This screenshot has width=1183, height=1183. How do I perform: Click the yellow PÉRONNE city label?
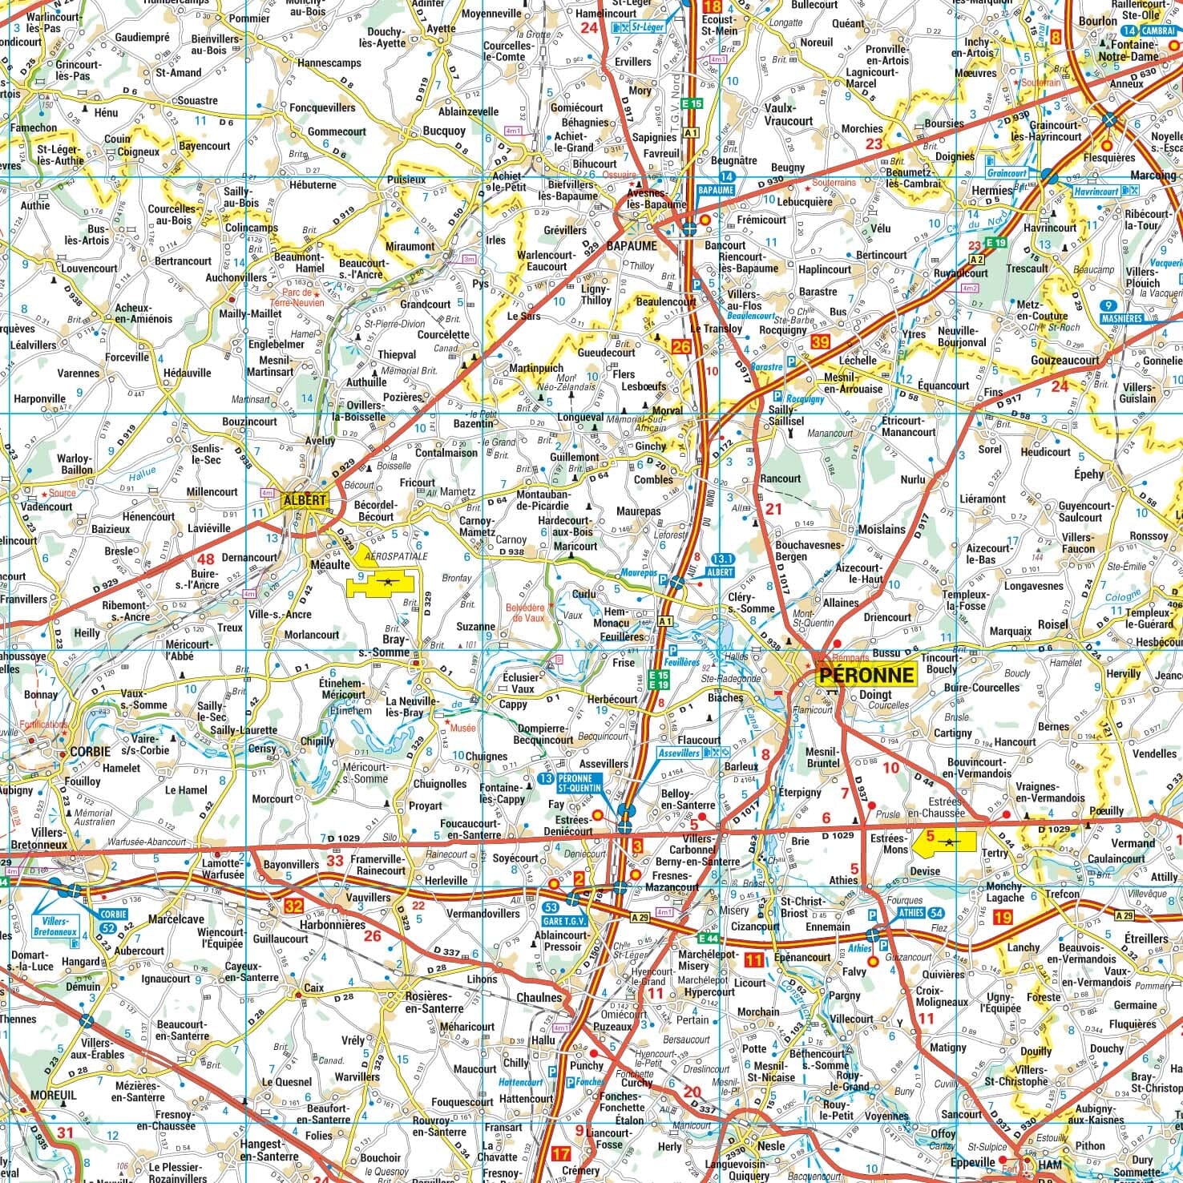pos(866,675)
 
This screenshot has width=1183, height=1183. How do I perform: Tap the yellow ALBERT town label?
pos(305,500)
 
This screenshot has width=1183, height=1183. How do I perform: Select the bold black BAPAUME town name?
pos(631,246)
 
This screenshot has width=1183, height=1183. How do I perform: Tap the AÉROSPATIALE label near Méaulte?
pos(396,555)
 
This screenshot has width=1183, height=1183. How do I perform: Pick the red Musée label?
pos(463,728)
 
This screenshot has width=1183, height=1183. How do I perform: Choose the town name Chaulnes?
pos(540,998)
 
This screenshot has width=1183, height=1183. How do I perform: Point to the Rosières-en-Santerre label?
pos(434,1002)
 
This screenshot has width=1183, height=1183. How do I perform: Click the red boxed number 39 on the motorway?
pos(820,342)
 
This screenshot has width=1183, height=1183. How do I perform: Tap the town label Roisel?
pos(1052,624)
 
